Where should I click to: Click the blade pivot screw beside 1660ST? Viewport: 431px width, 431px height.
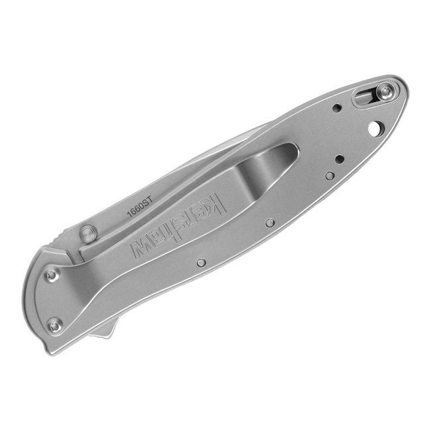pyautogui.click(x=88, y=233)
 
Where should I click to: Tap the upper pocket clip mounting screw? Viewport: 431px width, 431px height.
pyautogui.click(x=51, y=274)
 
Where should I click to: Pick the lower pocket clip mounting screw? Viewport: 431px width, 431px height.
pyautogui.click(x=54, y=325)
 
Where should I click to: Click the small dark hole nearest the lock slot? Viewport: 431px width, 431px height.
pyautogui.click(x=337, y=108)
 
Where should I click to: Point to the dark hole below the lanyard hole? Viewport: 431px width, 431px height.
pyautogui.click(x=339, y=159)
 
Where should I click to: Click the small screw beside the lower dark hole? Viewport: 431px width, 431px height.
pyautogui.click(x=330, y=175)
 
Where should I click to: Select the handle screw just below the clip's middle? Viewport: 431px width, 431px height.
pyautogui.click(x=269, y=223)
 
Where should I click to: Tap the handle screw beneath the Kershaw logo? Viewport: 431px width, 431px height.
pyautogui.click(x=201, y=262)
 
